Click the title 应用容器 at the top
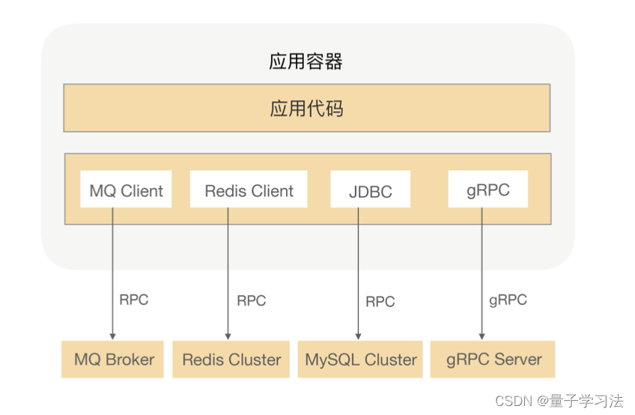click(306, 61)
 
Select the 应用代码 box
click(306, 109)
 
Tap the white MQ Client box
click(126, 190)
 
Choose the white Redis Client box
click(249, 190)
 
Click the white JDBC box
click(371, 190)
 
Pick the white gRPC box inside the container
click(487, 190)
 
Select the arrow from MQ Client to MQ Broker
click(112, 277)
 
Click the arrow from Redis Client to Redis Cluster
click(228, 277)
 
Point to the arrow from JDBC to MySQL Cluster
click(357, 277)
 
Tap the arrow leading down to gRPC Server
click(481, 277)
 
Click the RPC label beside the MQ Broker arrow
click(134, 300)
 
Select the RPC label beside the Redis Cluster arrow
click(251, 301)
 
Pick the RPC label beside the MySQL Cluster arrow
click(380, 302)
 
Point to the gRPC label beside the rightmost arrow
click(508, 300)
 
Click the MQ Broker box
click(114, 360)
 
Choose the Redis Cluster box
click(231, 360)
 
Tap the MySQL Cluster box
click(360, 360)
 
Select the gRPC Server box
click(493, 360)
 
